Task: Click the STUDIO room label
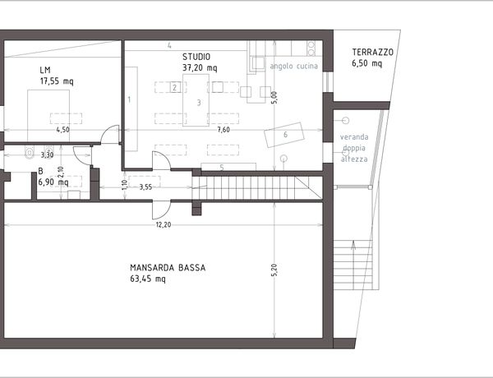point(196,57)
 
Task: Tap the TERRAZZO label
point(372,53)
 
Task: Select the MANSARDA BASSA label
point(168,268)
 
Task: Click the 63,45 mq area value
point(148,279)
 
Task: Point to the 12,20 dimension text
point(164,224)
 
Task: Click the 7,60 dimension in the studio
point(223,130)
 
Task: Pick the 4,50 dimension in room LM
point(63,130)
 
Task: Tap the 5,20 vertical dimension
point(274,270)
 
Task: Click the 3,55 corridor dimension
point(145,187)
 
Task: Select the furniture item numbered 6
point(284,135)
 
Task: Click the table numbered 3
point(196,100)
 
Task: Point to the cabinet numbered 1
point(131,108)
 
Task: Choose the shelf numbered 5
point(228,167)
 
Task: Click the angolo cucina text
point(294,66)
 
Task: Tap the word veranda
point(354,136)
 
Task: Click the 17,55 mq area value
point(57,81)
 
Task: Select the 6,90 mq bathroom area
point(53,182)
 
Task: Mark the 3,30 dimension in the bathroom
point(47,154)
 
